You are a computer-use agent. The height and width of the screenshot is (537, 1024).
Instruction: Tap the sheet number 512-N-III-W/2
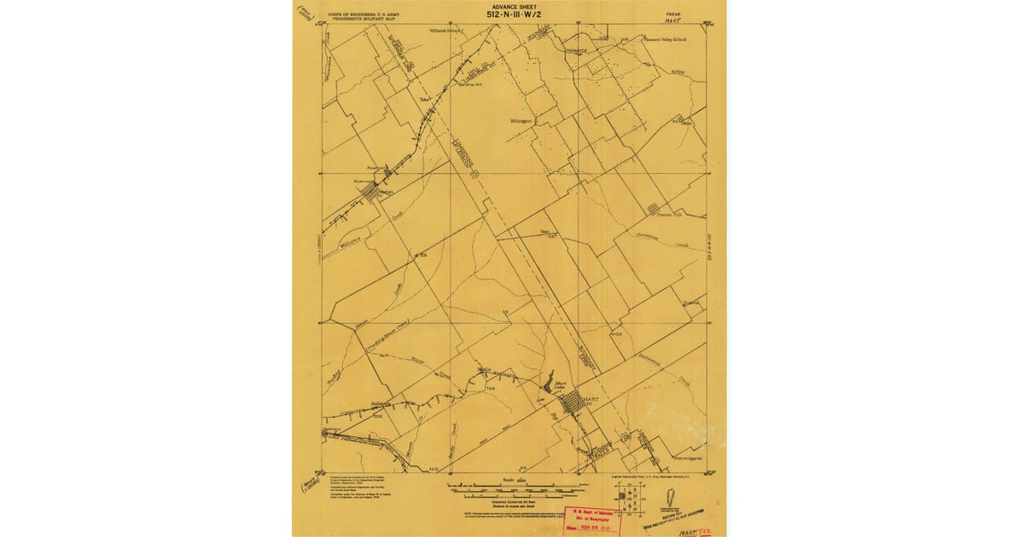coord(515,14)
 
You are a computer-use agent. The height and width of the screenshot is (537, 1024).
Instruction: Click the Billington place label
coord(521,121)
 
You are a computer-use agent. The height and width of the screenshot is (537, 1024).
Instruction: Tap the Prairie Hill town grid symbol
coord(654,206)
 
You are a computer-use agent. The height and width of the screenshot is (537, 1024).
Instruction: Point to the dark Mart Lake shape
coord(549,378)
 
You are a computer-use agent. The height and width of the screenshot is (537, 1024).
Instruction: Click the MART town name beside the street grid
coord(591,397)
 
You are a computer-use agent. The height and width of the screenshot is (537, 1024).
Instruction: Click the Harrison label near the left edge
coord(332,429)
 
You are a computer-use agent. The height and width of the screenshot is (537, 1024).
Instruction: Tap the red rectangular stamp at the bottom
coord(589,519)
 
